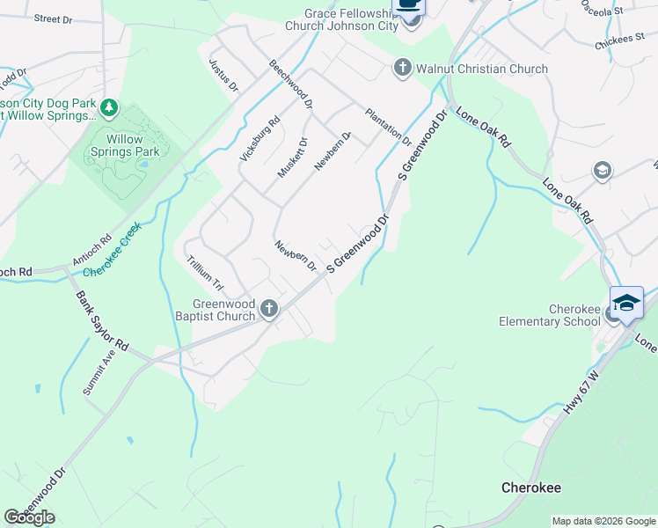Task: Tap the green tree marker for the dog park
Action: (x=109, y=108)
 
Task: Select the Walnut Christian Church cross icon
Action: (x=403, y=69)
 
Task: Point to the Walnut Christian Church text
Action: (x=482, y=69)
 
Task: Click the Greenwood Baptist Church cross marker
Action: (x=269, y=309)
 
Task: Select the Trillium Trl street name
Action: (x=206, y=275)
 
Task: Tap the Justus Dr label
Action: (x=223, y=75)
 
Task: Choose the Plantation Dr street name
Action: (x=388, y=126)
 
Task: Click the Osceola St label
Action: (x=602, y=8)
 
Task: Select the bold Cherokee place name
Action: (x=531, y=488)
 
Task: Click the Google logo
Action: (x=29, y=517)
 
